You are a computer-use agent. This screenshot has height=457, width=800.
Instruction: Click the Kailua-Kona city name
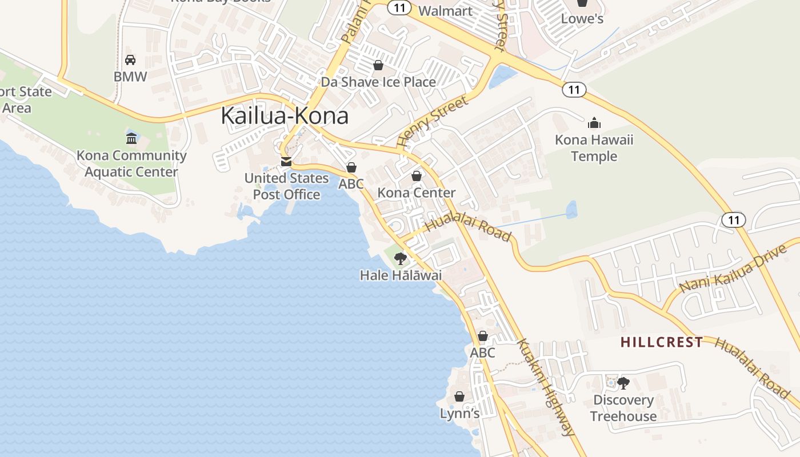coord(284,116)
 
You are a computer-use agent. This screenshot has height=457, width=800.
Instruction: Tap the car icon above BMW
coord(130,60)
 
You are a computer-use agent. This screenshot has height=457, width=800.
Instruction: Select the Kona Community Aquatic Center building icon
coord(132,138)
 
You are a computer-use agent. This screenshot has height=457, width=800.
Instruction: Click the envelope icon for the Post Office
coord(286,162)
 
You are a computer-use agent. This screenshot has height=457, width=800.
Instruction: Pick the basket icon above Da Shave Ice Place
coord(378,66)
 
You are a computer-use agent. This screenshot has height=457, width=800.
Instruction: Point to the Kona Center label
coord(416,193)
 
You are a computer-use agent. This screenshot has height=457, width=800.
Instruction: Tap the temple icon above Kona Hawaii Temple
coord(594,123)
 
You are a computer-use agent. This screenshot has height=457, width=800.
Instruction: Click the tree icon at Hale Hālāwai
coord(401,259)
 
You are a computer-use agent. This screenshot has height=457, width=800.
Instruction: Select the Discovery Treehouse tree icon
coord(623,383)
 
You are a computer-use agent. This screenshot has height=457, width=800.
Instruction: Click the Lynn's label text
coord(459,413)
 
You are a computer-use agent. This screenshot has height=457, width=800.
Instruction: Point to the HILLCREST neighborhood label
coord(662,342)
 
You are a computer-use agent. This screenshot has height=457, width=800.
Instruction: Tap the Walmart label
coord(445,11)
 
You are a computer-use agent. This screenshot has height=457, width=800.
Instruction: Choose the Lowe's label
coord(582,18)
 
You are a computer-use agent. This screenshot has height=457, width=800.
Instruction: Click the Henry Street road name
coord(432,122)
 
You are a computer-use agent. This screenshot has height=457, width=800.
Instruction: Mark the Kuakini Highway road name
coord(545,387)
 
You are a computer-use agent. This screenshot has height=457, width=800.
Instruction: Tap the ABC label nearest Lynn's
coord(482,353)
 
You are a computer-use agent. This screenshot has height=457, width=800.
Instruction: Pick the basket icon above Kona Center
coord(417,176)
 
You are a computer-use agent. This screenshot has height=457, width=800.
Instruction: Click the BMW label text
coord(130,77)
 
